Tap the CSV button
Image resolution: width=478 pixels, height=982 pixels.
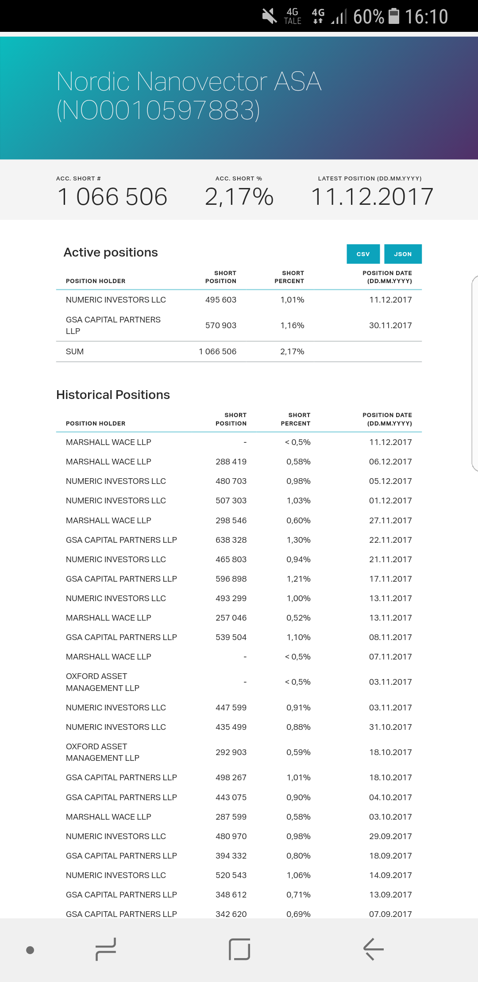point(363,254)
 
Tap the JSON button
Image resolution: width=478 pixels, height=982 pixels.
point(403,254)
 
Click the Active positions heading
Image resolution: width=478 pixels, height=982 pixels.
point(111,252)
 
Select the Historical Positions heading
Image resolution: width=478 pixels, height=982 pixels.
point(113,395)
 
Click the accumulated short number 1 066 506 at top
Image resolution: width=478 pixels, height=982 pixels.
point(112,197)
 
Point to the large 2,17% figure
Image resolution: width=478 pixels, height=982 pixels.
point(239,197)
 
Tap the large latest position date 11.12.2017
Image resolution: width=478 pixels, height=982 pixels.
point(372,197)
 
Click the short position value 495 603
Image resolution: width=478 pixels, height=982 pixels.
point(221,300)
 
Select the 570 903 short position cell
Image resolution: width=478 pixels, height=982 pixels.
point(221,326)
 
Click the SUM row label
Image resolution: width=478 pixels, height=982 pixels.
point(75,352)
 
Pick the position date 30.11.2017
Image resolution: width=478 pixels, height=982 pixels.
point(390,326)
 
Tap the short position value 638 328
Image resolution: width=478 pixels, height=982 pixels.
point(231,540)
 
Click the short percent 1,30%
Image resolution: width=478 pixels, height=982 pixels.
point(298,540)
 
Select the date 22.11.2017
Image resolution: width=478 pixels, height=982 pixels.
point(390,540)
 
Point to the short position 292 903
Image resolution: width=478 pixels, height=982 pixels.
point(231,752)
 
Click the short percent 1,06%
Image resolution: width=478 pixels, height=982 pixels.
point(298,875)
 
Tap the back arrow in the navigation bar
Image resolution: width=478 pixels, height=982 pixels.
point(373,949)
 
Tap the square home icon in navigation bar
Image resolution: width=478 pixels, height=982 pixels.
point(239,949)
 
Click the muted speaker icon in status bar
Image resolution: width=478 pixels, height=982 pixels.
point(269,16)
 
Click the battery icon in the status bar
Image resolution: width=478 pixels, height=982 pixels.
point(393,16)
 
